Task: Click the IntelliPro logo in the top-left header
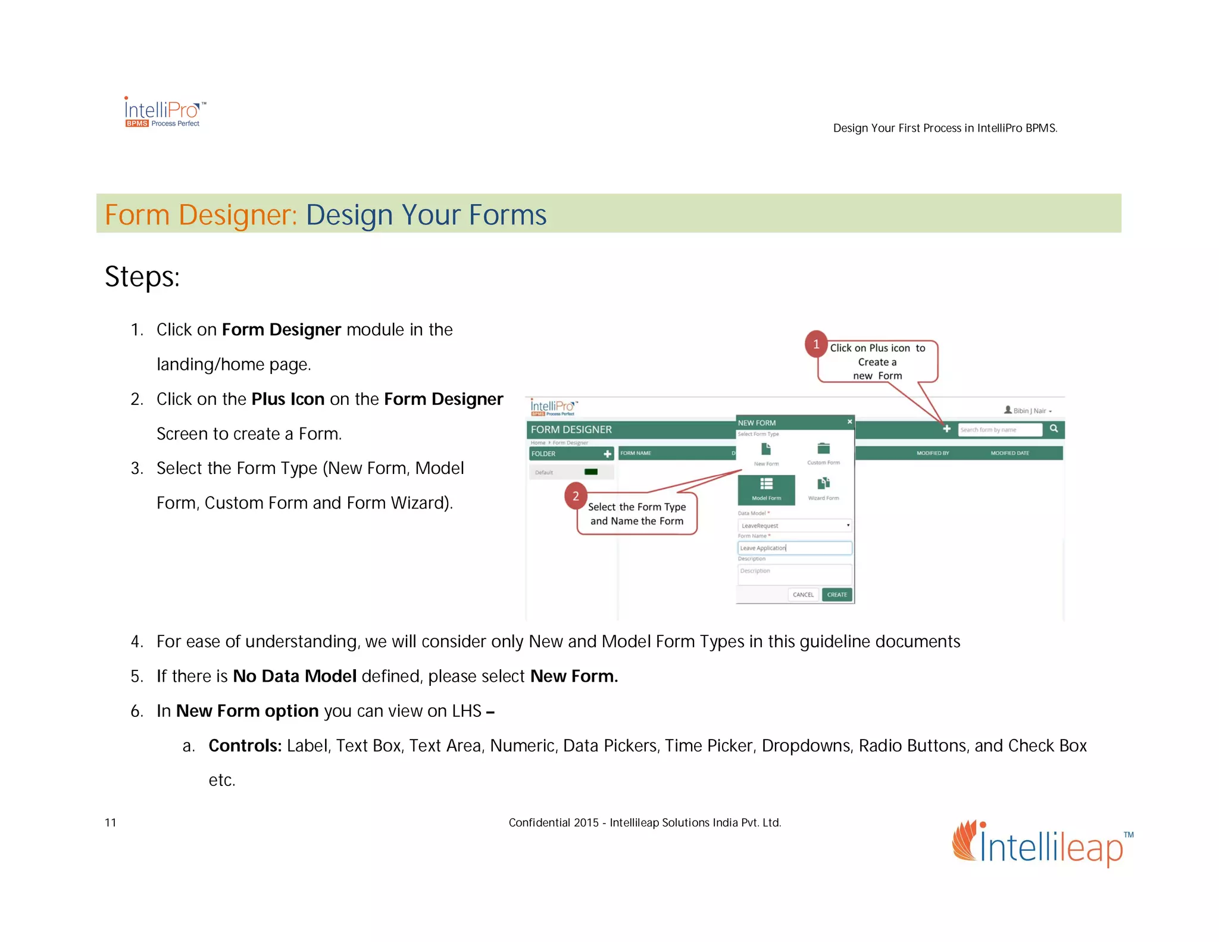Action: [x=164, y=112]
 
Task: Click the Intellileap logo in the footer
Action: [x=1042, y=844]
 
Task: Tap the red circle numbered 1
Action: [x=816, y=344]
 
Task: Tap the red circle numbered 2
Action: [x=576, y=496]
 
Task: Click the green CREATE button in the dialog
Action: [x=836, y=594]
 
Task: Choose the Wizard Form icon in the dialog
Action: [x=823, y=484]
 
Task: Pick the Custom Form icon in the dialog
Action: [x=823, y=449]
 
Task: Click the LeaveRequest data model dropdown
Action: [x=794, y=525]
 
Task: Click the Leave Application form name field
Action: [x=794, y=548]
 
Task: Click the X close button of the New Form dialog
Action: [x=849, y=422]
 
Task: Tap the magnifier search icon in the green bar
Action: [x=1054, y=429]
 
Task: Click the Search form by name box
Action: [x=999, y=429]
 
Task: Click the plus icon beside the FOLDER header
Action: [x=607, y=454]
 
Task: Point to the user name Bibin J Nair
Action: [x=1029, y=410]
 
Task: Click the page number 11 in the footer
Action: [x=111, y=822]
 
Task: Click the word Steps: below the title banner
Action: [x=142, y=277]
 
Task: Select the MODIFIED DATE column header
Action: [x=1009, y=453]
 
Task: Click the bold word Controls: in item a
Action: [x=245, y=746]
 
